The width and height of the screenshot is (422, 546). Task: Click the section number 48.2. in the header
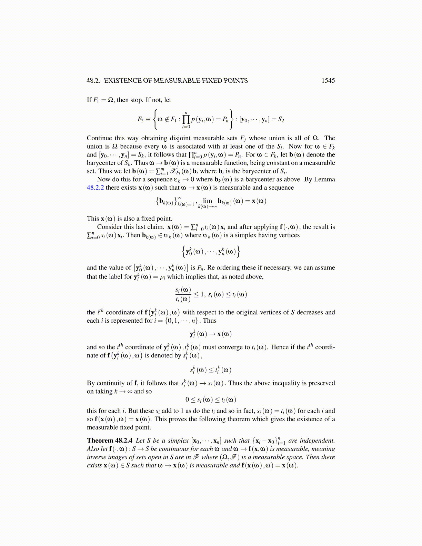coord(93,81)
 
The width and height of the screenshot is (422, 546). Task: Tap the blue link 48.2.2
coord(95,188)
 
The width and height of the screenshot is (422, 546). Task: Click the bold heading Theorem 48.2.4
coord(109,441)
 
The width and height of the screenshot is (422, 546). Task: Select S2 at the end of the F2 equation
coord(281,120)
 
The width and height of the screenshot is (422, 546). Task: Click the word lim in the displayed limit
coord(207,201)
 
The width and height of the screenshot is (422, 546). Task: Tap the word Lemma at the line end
coord(325,180)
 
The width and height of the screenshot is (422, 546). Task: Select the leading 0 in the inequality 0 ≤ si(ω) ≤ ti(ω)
coord(187,400)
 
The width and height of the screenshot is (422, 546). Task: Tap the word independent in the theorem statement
coord(317,441)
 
